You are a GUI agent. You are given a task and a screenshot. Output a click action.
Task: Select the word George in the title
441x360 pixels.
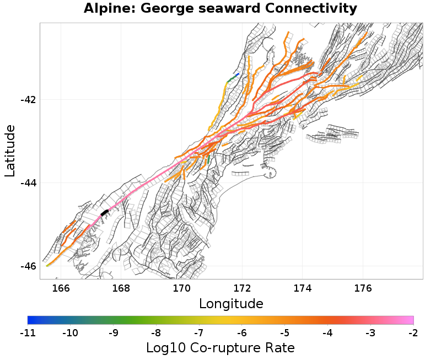click(157, 9)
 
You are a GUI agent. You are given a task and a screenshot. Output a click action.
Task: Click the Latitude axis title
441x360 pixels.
click(10, 151)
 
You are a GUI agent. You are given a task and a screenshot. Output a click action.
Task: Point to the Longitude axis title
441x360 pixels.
click(231, 304)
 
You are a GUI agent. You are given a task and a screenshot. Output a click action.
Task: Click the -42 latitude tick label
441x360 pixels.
click(28, 100)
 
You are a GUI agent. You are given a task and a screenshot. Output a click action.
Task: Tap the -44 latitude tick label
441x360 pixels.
click(28, 183)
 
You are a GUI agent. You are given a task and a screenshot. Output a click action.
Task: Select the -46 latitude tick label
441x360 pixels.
click(28, 266)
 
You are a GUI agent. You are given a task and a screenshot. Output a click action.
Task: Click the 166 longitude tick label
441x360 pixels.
click(61, 288)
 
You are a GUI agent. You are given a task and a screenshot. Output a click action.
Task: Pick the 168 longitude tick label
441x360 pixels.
click(121, 288)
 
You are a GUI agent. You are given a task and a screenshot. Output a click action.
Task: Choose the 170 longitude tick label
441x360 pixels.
click(181, 288)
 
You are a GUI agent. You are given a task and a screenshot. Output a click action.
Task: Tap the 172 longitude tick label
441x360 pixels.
click(242, 288)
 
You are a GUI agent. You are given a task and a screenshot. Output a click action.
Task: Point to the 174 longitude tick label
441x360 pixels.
click(302, 288)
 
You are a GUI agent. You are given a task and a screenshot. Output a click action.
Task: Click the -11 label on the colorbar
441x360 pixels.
click(28, 333)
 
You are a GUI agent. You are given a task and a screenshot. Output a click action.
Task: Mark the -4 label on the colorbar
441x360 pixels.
click(327, 333)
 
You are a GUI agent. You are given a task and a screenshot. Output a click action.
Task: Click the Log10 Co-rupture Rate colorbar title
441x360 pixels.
click(220, 348)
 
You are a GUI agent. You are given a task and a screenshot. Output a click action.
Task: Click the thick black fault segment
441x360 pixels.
click(105, 212)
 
